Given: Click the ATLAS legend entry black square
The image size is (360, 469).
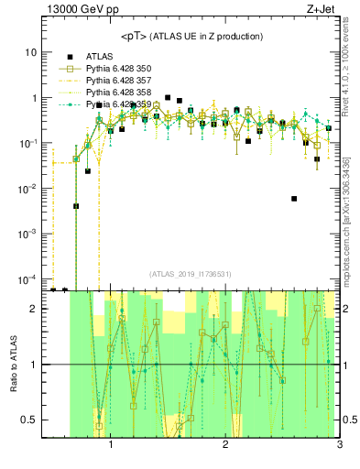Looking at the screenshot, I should pos(67,55).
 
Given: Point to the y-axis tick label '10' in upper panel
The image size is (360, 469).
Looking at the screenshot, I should pos(31,52).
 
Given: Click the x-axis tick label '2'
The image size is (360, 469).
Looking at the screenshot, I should pos(225,446).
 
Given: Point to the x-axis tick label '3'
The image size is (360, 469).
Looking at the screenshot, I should pos(339,446).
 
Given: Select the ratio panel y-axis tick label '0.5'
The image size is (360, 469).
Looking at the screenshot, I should pos(29,420).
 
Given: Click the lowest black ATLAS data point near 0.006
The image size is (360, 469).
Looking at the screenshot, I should pos(294,198).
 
